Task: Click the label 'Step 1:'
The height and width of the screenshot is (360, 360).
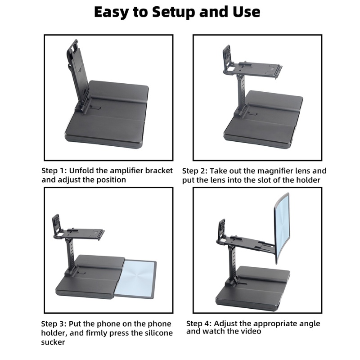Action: (x=54, y=171)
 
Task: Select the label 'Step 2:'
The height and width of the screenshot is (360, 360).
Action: (x=195, y=171)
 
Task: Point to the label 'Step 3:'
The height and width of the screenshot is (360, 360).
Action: (x=54, y=324)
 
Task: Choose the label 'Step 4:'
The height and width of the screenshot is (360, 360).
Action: (x=199, y=324)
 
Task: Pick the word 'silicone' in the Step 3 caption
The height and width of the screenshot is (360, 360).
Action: (x=158, y=333)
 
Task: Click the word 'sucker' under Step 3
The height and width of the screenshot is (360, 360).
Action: (x=53, y=342)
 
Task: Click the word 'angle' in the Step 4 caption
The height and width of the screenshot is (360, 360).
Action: (x=310, y=324)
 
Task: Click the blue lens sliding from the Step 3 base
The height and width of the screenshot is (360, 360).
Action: (x=139, y=279)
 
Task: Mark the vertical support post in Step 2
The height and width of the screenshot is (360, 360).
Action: (x=241, y=94)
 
